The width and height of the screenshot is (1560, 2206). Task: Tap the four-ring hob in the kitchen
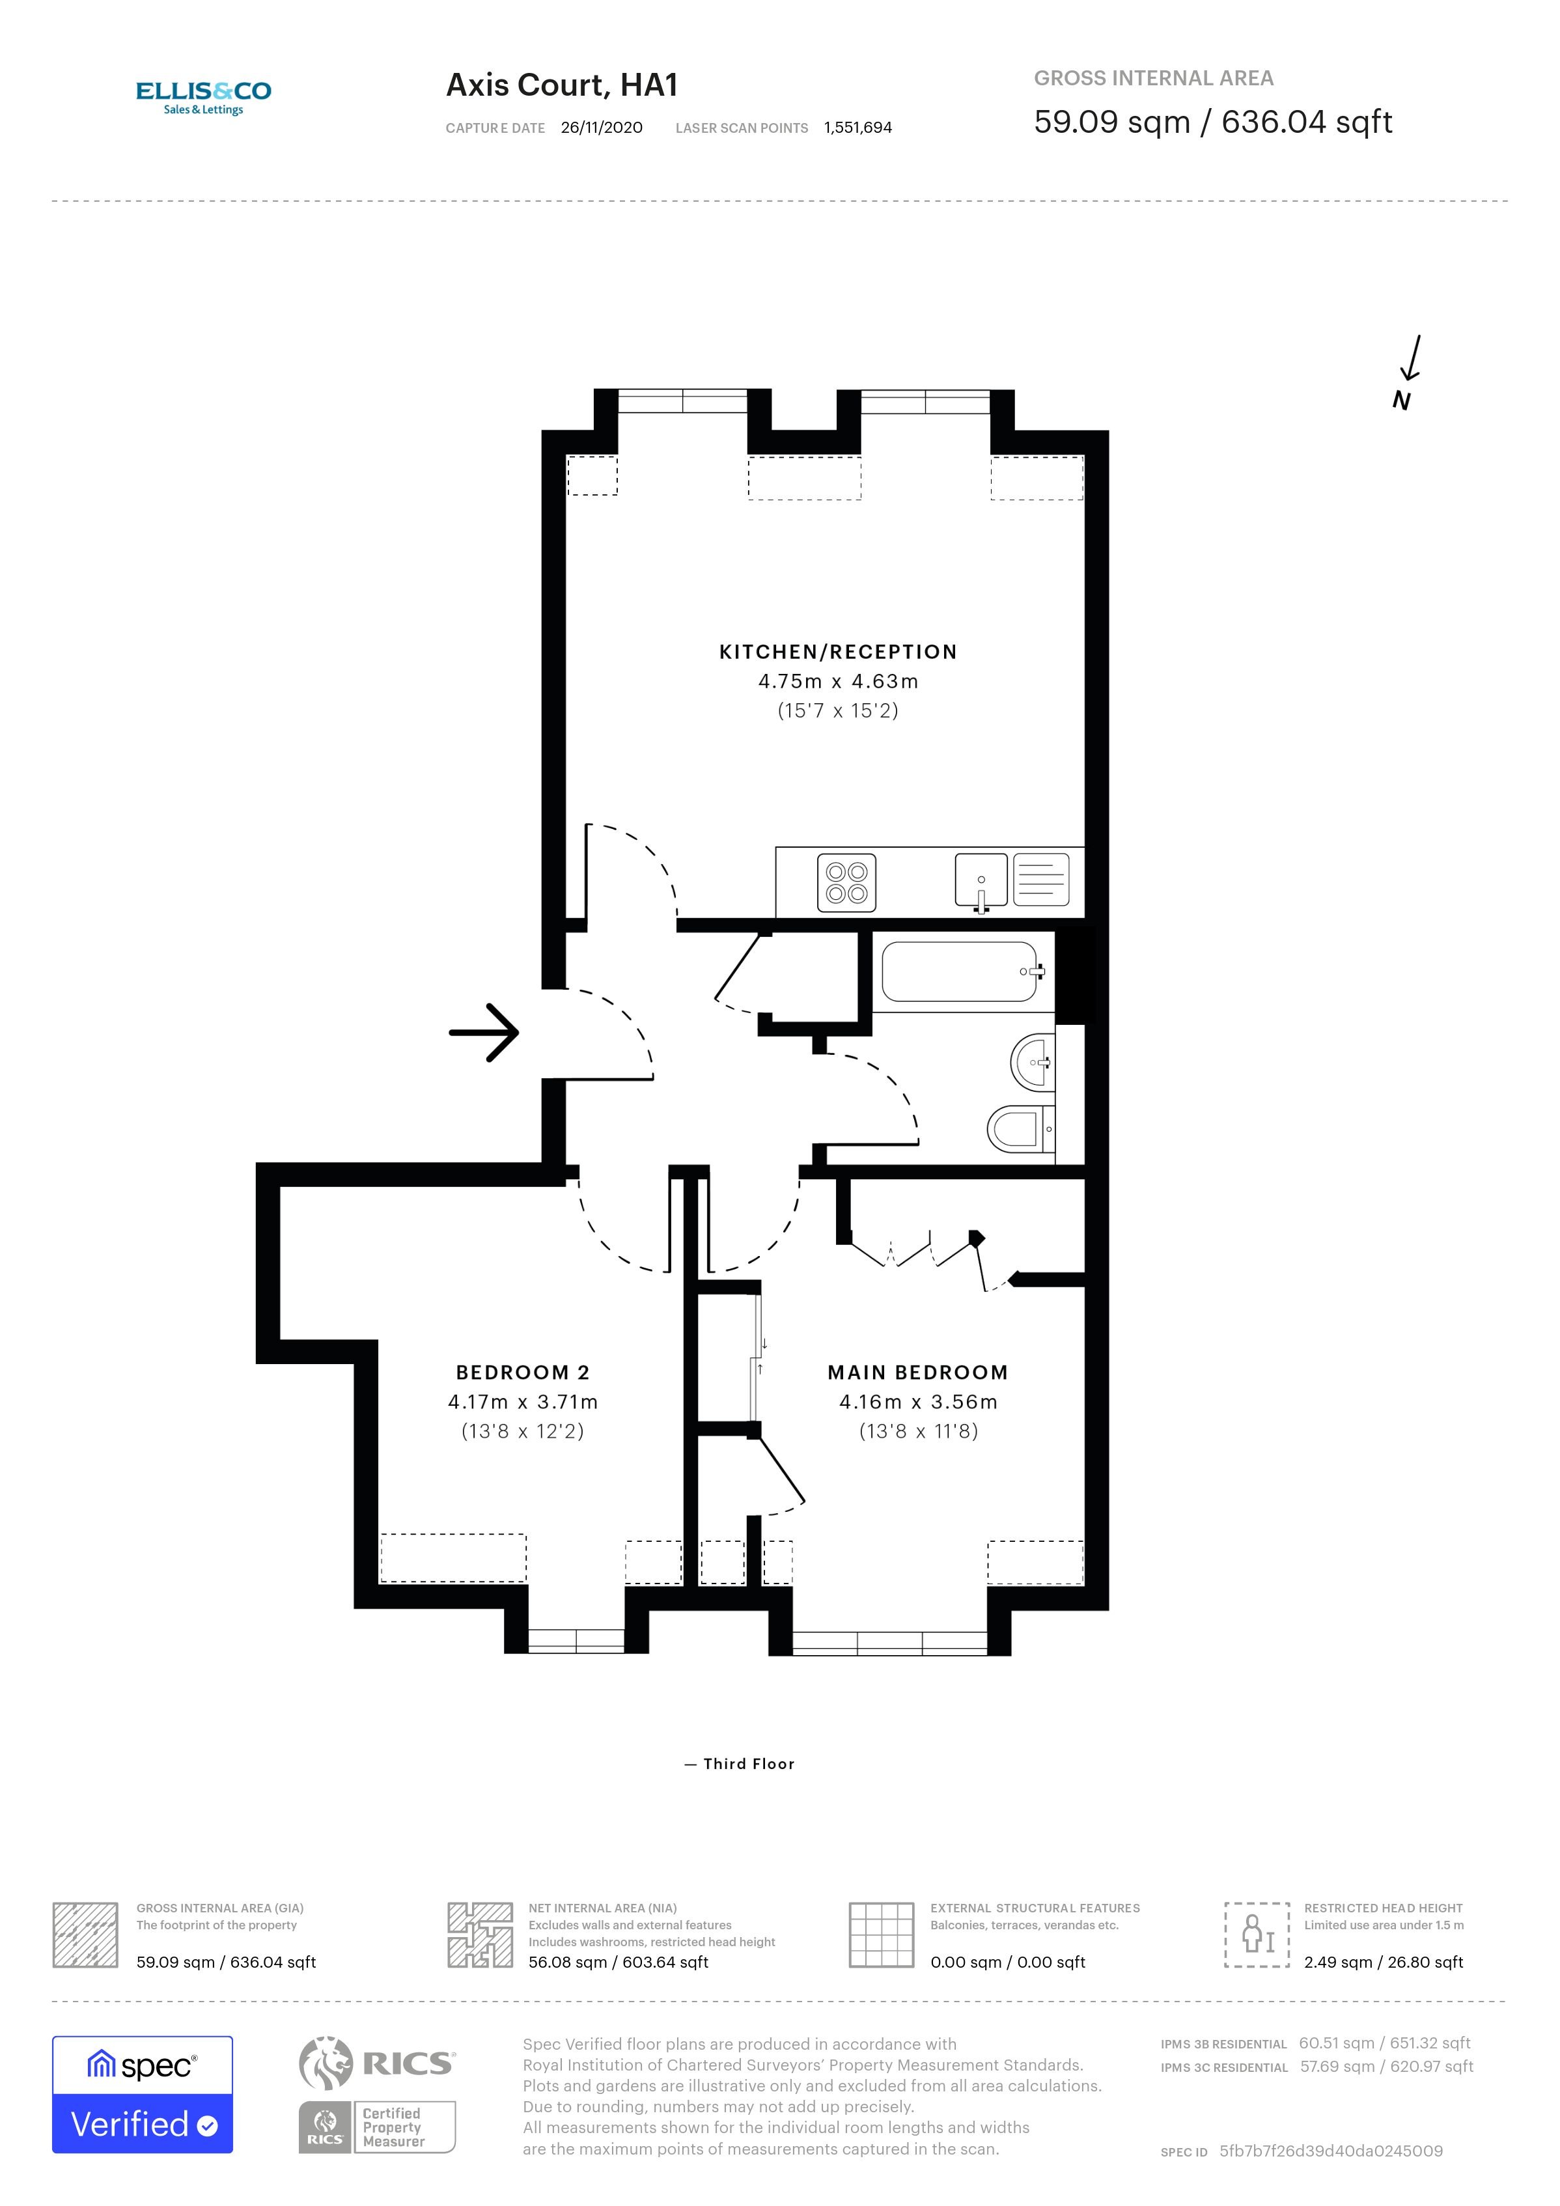tap(846, 882)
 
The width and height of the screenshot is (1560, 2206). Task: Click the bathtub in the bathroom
tap(960, 971)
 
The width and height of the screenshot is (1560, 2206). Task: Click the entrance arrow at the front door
tap(484, 1033)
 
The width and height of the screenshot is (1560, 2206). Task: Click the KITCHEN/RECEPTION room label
tap(838, 651)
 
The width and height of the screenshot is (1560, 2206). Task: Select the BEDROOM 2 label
tap(523, 1372)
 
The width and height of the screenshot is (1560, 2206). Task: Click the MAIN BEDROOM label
tap(917, 1372)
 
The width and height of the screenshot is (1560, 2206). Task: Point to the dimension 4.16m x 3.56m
tap(917, 1402)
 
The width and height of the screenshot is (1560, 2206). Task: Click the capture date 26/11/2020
tap(602, 128)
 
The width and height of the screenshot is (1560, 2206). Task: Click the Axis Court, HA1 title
tap(562, 85)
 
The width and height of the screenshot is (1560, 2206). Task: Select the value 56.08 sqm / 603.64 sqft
tap(618, 1962)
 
